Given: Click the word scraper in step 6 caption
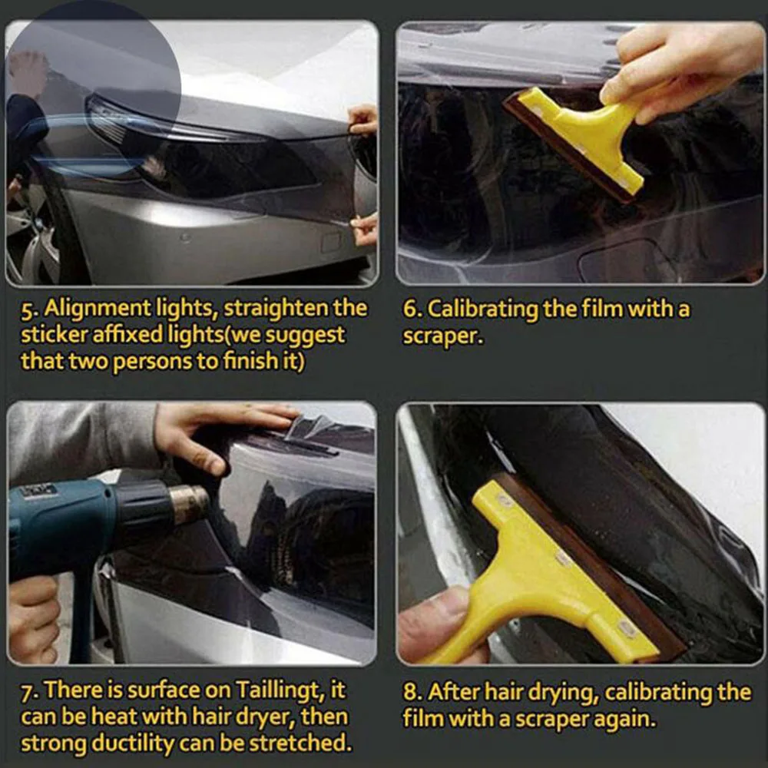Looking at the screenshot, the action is tap(442, 336).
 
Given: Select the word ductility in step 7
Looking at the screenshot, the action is tap(132, 743).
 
